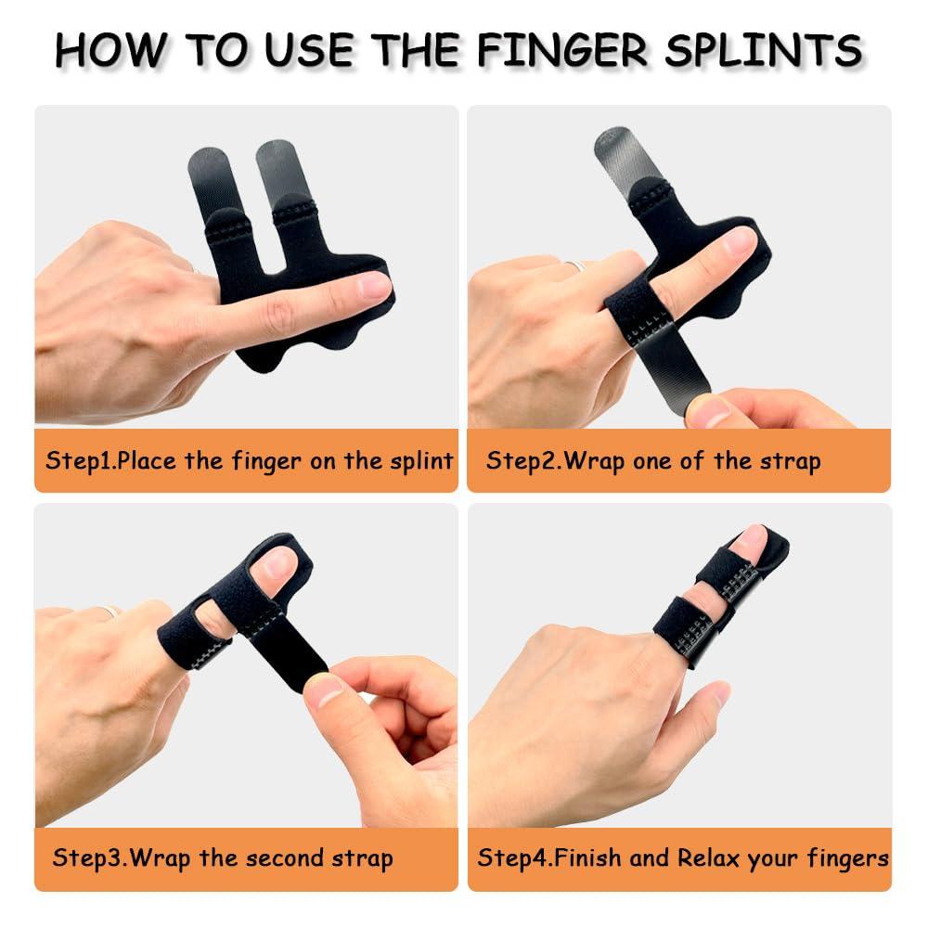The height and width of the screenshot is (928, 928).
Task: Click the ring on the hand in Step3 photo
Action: [112, 612]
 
